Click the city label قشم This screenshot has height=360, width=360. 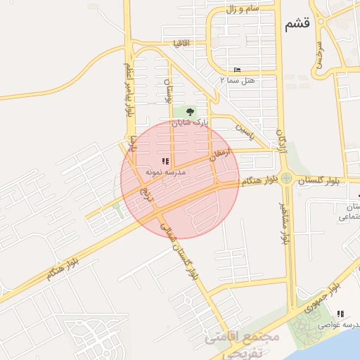pyautogui.click(x=297, y=25)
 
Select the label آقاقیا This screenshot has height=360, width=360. pyautogui.click(x=185, y=43)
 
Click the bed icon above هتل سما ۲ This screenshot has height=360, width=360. pyautogui.click(x=237, y=70)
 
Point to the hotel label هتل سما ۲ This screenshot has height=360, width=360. pyautogui.click(x=238, y=81)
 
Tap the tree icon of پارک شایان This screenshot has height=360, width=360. pyautogui.click(x=190, y=111)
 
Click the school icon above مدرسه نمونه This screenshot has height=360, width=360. pyautogui.click(x=165, y=161)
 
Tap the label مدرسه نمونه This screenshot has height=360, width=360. pyautogui.click(x=165, y=172)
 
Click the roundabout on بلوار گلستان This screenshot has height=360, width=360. pyautogui.click(x=286, y=179)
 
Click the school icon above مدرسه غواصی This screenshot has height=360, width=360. pyautogui.click(x=340, y=314)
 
